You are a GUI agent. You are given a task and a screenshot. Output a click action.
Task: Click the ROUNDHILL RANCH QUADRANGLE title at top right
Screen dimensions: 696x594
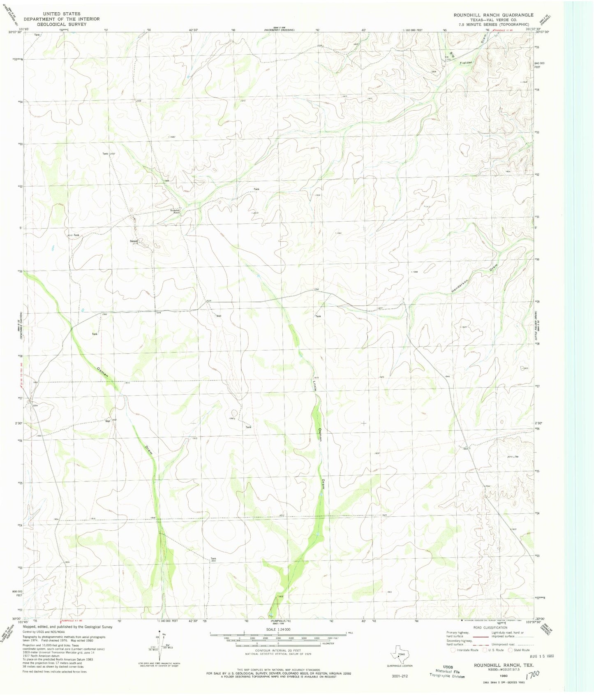pos(493,15)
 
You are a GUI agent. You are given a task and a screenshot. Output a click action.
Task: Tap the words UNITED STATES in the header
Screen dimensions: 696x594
pos(61,14)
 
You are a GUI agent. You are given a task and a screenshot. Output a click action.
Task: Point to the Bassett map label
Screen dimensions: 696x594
pos(134,241)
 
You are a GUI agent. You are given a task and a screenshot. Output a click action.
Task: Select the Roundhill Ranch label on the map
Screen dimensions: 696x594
pos(176,212)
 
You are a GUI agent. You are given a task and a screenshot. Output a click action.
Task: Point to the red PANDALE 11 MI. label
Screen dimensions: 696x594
pos(504,30)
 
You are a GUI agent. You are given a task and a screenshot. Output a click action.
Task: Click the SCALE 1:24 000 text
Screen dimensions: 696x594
pos(278,629)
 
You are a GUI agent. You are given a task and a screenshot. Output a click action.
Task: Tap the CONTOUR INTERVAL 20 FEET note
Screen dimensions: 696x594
pos(278,650)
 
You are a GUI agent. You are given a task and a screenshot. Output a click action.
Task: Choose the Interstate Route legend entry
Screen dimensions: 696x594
pos(466,650)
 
